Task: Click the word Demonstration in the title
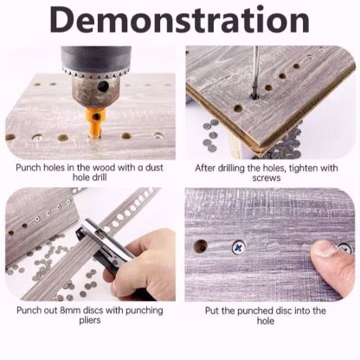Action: point(179,20)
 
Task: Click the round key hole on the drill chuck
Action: point(101,87)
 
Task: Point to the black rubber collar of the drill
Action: point(96,58)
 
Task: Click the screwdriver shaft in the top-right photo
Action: point(255,72)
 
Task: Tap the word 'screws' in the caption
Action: point(267,177)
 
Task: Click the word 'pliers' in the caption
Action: point(90,320)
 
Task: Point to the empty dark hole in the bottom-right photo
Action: point(201,246)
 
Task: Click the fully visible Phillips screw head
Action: point(239,247)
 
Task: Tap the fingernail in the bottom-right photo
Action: point(323,248)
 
